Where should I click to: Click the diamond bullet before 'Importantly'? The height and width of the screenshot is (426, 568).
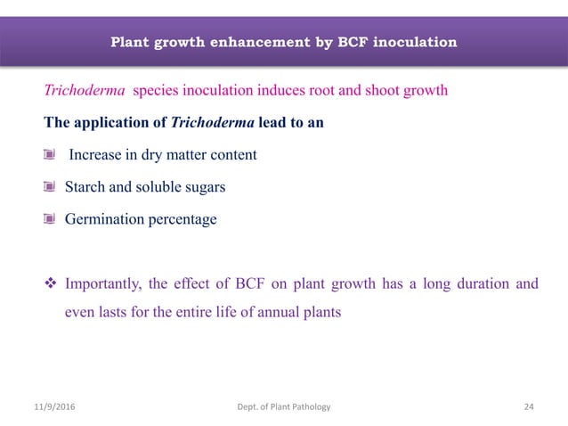tap(50, 285)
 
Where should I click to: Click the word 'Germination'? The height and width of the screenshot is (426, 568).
tap(102, 219)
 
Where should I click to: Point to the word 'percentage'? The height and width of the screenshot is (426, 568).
tap(182, 219)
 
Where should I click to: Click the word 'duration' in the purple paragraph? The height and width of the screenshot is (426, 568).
tap(482, 285)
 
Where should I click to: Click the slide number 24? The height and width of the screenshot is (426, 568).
tap(529, 407)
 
